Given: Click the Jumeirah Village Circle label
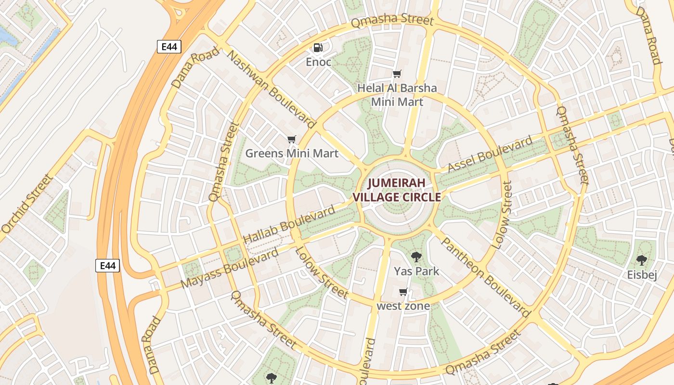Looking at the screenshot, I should [397, 190].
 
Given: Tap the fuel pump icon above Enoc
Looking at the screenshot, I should [318, 47].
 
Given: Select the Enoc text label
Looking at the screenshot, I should [319, 62].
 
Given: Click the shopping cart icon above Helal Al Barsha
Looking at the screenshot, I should [397, 74].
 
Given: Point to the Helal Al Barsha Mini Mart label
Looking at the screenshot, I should [397, 95].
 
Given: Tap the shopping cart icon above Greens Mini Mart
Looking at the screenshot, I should [291, 140].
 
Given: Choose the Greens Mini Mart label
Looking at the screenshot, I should [292, 154].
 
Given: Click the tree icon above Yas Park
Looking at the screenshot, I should [416, 257].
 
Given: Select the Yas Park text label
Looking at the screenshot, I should [416, 271].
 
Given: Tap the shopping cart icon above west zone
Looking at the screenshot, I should [403, 292].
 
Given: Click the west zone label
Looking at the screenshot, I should [403, 306].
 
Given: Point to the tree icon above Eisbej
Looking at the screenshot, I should [641, 260].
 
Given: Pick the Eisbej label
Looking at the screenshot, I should [642, 275].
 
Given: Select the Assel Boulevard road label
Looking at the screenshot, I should [491, 154].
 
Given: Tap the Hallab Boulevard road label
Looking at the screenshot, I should [289, 225].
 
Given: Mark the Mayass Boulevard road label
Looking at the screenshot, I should [230, 269].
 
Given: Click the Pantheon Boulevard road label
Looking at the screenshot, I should [485, 276].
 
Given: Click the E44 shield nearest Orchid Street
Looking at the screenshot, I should [107, 266].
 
